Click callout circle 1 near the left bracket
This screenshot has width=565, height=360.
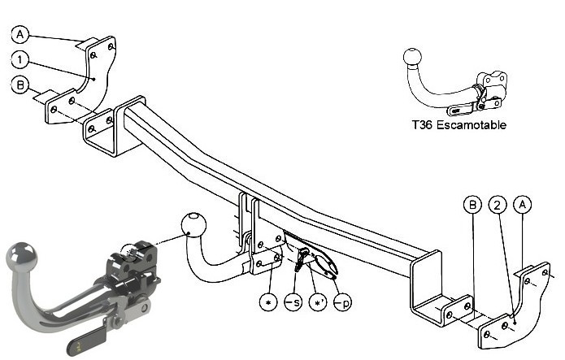pos(20,59)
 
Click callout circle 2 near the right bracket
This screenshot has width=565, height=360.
pos(498,205)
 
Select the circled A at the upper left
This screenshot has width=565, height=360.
pos(20,34)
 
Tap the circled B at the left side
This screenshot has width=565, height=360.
pos(20,85)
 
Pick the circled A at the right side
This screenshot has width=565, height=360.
pos(522,205)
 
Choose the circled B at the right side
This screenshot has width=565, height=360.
pos(472,205)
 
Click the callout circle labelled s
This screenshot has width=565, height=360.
pos(293,302)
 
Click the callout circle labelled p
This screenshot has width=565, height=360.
pos(343,302)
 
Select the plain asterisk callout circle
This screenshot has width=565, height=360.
pos(268,302)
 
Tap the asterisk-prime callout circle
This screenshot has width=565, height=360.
pos(318,302)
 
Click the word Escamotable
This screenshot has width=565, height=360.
pos(471,125)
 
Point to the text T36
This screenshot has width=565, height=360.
pos(422,125)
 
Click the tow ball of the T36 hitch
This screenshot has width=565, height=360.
pos(412,58)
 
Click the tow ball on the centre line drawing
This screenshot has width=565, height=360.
pos(193,224)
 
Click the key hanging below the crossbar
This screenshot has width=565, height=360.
pos(302,259)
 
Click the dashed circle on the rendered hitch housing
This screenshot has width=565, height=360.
pos(130,253)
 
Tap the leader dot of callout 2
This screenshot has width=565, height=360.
pos(515,323)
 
